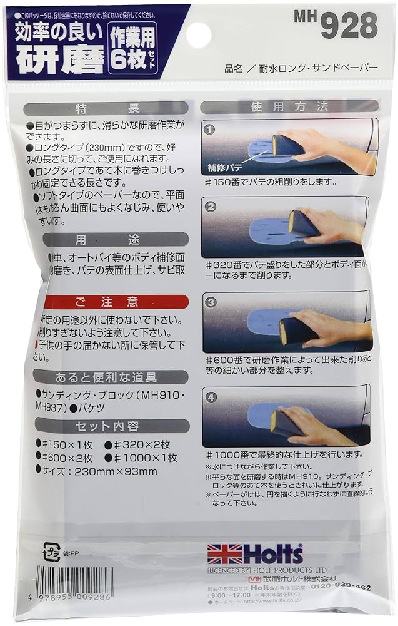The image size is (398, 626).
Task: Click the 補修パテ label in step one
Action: tap(226, 168)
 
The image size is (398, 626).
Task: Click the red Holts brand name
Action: tap(272, 554)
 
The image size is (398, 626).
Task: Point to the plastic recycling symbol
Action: tap(49, 552)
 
